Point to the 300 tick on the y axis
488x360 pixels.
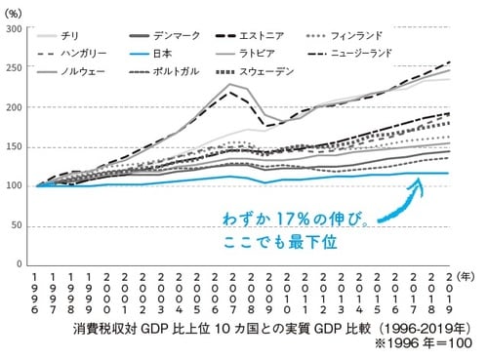[x=18, y=29]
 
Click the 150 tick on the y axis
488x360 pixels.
[x=18, y=146]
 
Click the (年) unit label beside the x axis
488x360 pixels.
[x=467, y=277]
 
